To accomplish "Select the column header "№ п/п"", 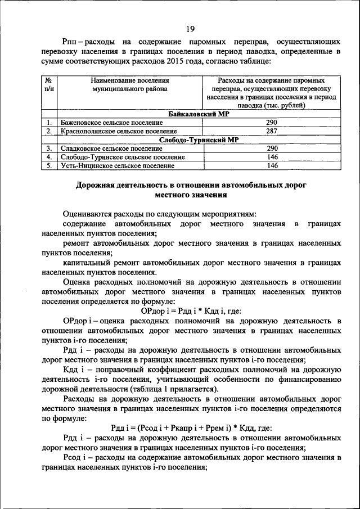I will click(49, 84).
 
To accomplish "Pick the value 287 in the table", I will click(272, 131).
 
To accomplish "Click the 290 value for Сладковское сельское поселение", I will click(272, 148).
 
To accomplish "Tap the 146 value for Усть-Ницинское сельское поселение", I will click(272, 165).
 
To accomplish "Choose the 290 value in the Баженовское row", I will click(272, 122).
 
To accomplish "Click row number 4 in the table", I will click(49, 157).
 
